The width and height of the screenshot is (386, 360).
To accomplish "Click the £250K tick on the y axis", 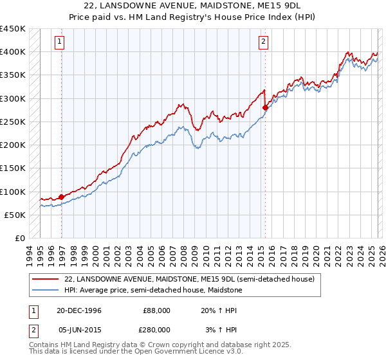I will click(x=13, y=122).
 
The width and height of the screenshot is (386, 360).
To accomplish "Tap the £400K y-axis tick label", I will click(x=13, y=51).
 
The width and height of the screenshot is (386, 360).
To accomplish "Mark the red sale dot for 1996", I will click(x=62, y=197).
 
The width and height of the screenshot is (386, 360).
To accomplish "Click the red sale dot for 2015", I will click(x=265, y=108).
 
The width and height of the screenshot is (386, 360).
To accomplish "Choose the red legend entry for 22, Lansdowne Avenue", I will click(x=189, y=280).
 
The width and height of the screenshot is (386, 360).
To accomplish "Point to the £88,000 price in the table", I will click(x=156, y=310).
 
